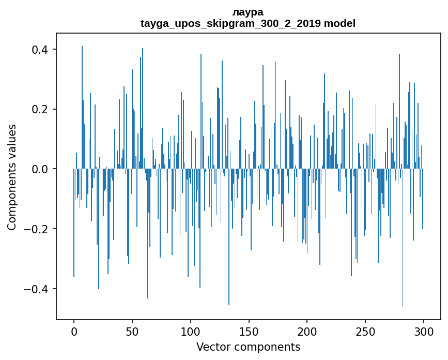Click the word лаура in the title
248,12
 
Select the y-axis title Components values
12,177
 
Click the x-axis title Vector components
248,347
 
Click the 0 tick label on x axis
74,331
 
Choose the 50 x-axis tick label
132,331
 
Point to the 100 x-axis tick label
191,331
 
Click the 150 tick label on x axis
249,331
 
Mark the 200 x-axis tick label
307,331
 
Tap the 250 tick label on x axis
365,331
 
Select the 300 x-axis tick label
424,331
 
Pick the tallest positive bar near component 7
82,103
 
